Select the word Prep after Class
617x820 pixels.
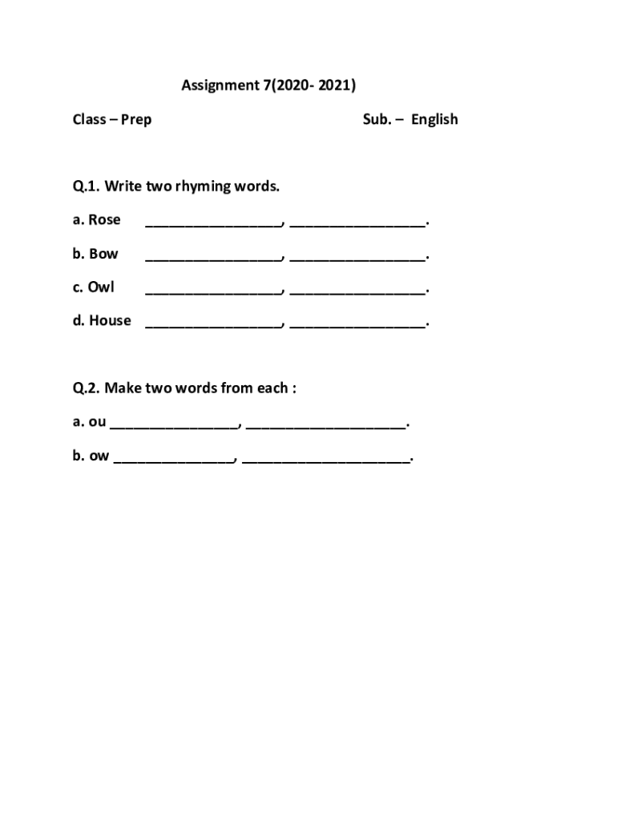pos(136,120)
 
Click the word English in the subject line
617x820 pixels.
pos(434,120)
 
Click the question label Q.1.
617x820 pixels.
pos(86,187)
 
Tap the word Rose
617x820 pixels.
pos(104,220)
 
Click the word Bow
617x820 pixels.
pos(103,254)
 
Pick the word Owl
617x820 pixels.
pos(102,287)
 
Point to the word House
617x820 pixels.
pos(110,320)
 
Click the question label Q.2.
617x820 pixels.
pos(86,388)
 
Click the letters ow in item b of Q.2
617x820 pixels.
pos(99,456)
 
